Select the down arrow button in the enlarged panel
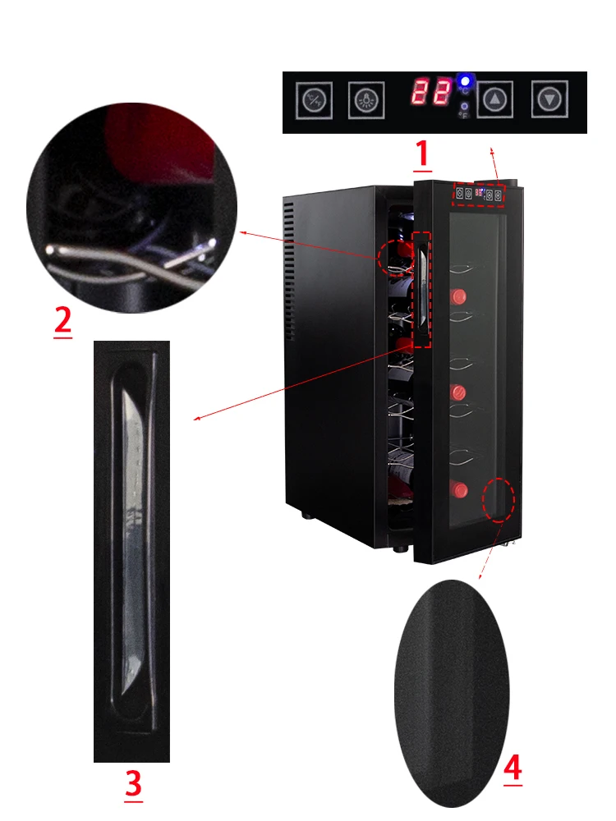click(548, 99)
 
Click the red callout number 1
click(421, 154)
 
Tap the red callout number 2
click(62, 320)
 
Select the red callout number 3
click(133, 784)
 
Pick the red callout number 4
click(512, 769)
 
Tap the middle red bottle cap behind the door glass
click(457, 391)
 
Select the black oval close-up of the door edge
click(452, 691)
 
